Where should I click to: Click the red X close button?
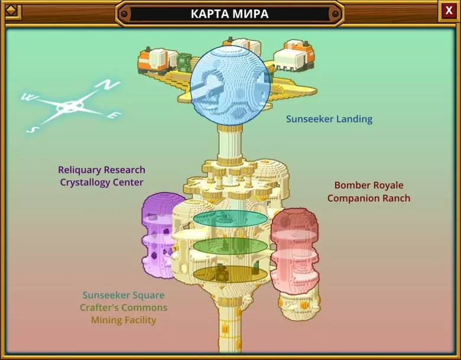pyautogui.click(x=449, y=11)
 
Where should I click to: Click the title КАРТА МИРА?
pyautogui.click(x=229, y=14)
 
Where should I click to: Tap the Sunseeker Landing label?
pyautogui.click(x=329, y=119)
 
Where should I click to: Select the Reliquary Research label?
pyautogui.click(x=102, y=170)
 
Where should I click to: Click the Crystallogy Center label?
pyautogui.click(x=102, y=183)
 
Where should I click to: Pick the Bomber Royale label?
pyautogui.click(x=369, y=185)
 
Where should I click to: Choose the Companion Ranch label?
pyautogui.click(x=369, y=198)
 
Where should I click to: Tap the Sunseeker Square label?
pyautogui.click(x=124, y=295)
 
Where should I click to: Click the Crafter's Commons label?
pyautogui.click(x=124, y=307)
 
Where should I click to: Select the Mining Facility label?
pyautogui.click(x=124, y=320)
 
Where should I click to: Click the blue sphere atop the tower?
pyautogui.click(x=230, y=86)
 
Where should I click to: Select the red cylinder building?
pyautogui.click(x=294, y=250)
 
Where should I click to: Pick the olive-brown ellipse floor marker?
pyautogui.click(x=230, y=273)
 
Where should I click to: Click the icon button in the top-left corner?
pyautogui.click(x=11, y=12)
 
